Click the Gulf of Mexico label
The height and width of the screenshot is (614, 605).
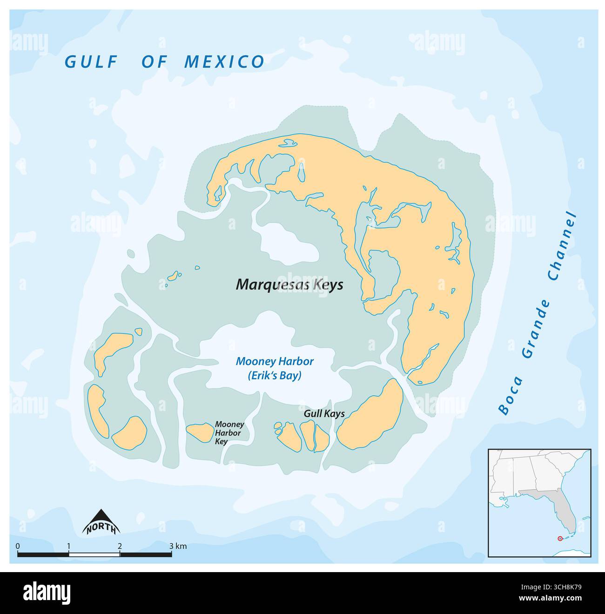pyautogui.click(x=164, y=62)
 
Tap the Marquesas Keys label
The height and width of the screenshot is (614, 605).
pyautogui.click(x=289, y=284)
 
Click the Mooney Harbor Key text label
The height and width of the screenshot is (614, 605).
pyautogui.click(x=229, y=433)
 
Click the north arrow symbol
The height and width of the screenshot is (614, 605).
pyautogui.click(x=101, y=522)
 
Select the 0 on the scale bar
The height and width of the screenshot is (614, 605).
pyautogui.click(x=18, y=546)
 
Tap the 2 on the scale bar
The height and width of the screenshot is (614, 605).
pyautogui.click(x=120, y=546)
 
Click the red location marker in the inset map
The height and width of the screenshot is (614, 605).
pyautogui.click(x=559, y=539)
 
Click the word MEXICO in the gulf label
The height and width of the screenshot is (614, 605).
pyautogui.click(x=224, y=62)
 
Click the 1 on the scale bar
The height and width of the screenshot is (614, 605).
pyautogui.click(x=69, y=546)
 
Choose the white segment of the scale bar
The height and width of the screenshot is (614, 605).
pyautogui.click(x=94, y=554)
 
